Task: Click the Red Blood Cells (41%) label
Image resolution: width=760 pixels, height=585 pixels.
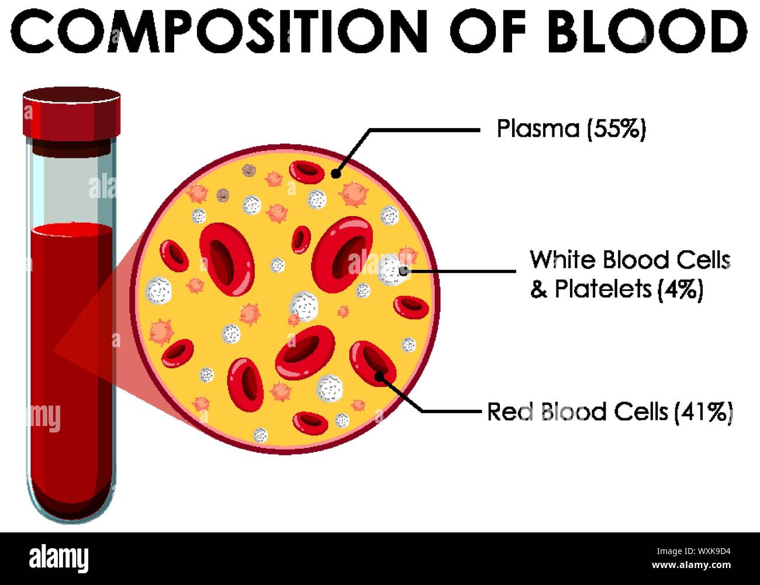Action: (x=610, y=413)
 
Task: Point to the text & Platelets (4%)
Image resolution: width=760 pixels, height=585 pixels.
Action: (x=616, y=289)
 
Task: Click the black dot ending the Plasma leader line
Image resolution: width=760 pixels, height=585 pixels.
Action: (x=336, y=173)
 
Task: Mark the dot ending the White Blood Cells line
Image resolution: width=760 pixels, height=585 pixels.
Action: (x=404, y=271)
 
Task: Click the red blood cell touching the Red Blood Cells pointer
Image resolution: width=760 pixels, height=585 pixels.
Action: (x=372, y=362)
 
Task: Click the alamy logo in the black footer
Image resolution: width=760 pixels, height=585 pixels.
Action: (x=59, y=558)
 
